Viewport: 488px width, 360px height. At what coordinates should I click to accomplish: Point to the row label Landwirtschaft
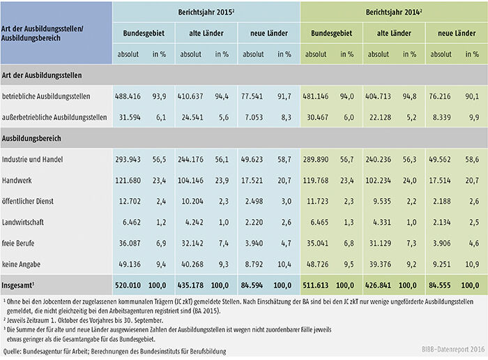click(x=27, y=224)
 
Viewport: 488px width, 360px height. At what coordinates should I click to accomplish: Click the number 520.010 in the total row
click(x=128, y=286)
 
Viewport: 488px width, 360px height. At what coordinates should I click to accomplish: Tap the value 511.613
click(x=317, y=286)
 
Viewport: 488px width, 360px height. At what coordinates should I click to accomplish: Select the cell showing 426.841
click(x=380, y=286)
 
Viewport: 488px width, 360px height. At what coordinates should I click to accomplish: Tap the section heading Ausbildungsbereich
click(x=33, y=139)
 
